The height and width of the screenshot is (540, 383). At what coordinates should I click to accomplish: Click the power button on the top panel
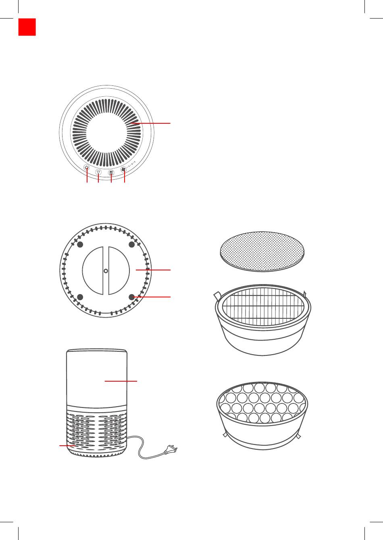tap(87, 168)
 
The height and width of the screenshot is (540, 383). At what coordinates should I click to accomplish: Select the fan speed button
tap(124, 170)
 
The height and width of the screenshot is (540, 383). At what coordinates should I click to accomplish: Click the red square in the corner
tap(27, 27)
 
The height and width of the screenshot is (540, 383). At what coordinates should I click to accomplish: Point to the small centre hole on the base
tap(106, 270)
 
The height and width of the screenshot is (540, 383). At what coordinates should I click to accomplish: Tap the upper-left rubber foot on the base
tap(80, 245)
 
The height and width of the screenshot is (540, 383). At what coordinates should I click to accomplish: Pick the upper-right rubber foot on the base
tap(131, 245)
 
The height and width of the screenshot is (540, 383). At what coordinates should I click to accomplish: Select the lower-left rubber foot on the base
tap(80, 297)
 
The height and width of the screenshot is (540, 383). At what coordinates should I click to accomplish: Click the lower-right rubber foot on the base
tap(131, 297)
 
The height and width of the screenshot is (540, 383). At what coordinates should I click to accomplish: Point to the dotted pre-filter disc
tap(262, 251)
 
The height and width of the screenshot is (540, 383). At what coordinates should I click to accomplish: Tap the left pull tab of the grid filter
tap(217, 296)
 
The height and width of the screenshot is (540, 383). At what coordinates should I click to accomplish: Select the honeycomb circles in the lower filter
tap(262, 403)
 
